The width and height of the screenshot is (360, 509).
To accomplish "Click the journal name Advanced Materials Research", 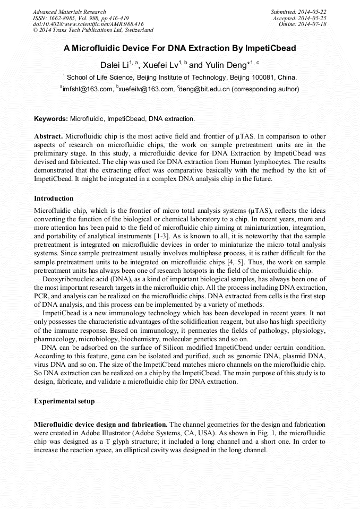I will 69,12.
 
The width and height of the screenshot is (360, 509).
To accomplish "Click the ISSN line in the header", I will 81,18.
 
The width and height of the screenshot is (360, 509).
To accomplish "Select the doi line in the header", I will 88,24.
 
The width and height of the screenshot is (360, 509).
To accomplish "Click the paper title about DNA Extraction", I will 180,48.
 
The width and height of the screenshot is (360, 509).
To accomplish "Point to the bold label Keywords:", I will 51,118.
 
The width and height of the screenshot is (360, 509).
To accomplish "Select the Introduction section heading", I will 54,199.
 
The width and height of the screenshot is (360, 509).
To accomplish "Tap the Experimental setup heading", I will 64,401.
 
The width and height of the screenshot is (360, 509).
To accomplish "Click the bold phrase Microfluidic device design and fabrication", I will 101,425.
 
